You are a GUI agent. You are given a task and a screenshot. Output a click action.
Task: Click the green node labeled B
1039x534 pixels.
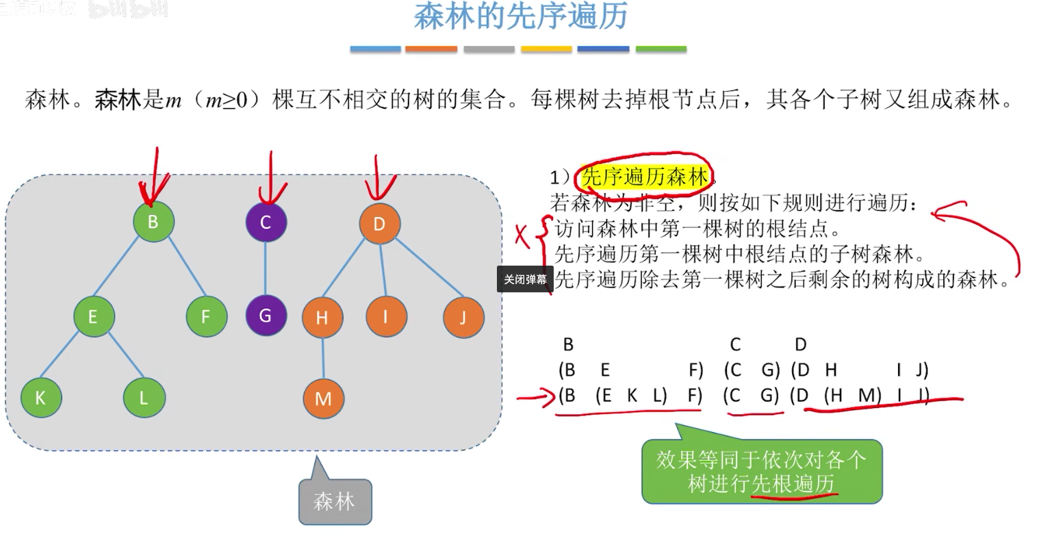pyautogui.click(x=154, y=221)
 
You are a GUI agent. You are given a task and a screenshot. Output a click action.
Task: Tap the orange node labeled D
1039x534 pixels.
pyautogui.click(x=379, y=223)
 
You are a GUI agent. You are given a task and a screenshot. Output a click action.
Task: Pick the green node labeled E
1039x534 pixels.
pyautogui.click(x=94, y=316)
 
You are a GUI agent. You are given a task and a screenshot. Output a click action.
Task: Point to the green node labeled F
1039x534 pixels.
pyautogui.click(x=206, y=316)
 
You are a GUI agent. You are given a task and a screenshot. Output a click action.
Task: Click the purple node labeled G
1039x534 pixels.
pyautogui.click(x=266, y=316)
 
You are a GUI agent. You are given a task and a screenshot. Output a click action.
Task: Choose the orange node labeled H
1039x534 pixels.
pyautogui.click(x=322, y=318)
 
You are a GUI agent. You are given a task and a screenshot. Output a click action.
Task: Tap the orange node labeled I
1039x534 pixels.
pyautogui.click(x=386, y=317)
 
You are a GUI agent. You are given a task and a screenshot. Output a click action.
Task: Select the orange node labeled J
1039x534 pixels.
pyautogui.click(x=463, y=318)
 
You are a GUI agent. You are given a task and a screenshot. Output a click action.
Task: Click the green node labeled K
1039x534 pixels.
pyautogui.click(x=41, y=398)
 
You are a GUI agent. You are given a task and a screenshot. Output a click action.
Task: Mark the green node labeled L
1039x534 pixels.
pyautogui.click(x=144, y=398)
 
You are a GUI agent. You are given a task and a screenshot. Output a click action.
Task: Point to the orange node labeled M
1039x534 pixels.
pyautogui.click(x=323, y=398)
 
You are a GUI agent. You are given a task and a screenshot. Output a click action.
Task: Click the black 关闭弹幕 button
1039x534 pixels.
pyautogui.click(x=525, y=279)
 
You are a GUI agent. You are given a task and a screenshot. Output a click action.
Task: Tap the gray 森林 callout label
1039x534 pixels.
pyautogui.click(x=335, y=502)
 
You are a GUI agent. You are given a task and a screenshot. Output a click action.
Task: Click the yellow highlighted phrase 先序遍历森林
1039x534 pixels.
pyautogui.click(x=644, y=178)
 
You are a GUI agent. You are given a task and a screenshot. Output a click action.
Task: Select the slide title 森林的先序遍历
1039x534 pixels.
pyautogui.click(x=521, y=16)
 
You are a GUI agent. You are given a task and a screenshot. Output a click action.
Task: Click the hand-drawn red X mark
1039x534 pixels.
pyautogui.click(x=522, y=236)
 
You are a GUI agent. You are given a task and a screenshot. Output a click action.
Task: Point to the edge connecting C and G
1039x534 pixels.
pyautogui.click(x=266, y=268)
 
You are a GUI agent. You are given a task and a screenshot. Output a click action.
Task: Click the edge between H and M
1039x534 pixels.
pyautogui.click(x=323, y=358)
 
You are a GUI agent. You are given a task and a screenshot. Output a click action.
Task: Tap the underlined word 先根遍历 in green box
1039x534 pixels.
pyautogui.click(x=794, y=484)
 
